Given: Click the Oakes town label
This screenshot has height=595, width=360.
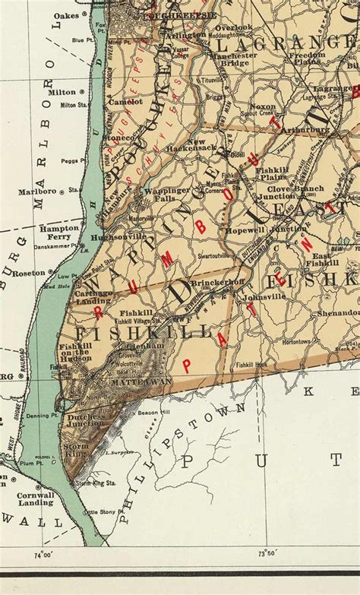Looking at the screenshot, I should [67, 14].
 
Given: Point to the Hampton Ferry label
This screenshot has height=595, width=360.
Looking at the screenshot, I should [59, 233].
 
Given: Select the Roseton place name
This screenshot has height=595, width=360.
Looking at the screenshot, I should [27, 272].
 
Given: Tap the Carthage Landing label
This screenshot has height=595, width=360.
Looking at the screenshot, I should [93, 296].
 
